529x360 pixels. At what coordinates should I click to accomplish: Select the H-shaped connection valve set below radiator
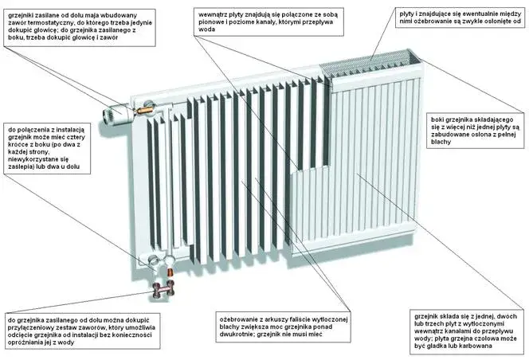click(167, 288)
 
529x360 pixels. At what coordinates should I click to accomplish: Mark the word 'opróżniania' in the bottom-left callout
click(30, 341)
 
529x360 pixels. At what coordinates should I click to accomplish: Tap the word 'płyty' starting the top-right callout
click(408, 14)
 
